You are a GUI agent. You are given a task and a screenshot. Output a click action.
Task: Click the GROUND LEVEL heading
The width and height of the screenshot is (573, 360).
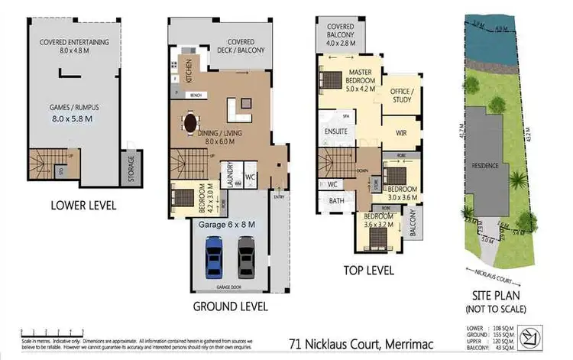(x=230, y=306)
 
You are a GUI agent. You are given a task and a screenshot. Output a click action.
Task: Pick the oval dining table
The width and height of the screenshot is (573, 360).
(x=189, y=122)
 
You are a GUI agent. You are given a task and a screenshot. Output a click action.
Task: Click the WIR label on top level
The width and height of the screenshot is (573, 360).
(x=401, y=132)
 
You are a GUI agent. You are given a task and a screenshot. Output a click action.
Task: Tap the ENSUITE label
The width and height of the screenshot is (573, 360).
(x=336, y=131)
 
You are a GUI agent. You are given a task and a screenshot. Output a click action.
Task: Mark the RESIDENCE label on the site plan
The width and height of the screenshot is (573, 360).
(x=486, y=165)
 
